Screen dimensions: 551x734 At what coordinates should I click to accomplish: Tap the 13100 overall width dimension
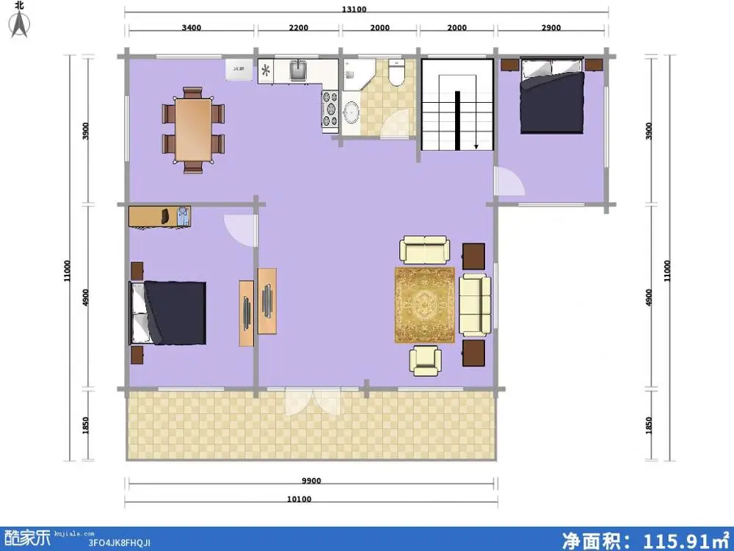(x=353, y=10)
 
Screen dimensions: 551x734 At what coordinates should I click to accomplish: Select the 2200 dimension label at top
(x=297, y=28)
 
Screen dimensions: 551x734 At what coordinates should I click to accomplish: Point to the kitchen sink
(x=298, y=71)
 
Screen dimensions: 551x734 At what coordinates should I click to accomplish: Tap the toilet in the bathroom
(x=397, y=73)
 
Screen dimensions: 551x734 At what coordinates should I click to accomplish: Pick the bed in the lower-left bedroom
(x=169, y=312)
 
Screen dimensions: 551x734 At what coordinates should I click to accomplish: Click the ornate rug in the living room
(x=425, y=304)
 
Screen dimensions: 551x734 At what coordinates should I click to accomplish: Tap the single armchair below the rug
(x=425, y=360)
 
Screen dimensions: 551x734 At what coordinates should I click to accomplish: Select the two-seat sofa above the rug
(x=424, y=249)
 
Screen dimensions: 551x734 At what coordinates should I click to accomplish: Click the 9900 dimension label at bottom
(x=311, y=481)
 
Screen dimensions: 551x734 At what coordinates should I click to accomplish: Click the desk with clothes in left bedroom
(x=159, y=217)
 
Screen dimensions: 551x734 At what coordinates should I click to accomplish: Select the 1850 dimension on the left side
(x=86, y=425)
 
